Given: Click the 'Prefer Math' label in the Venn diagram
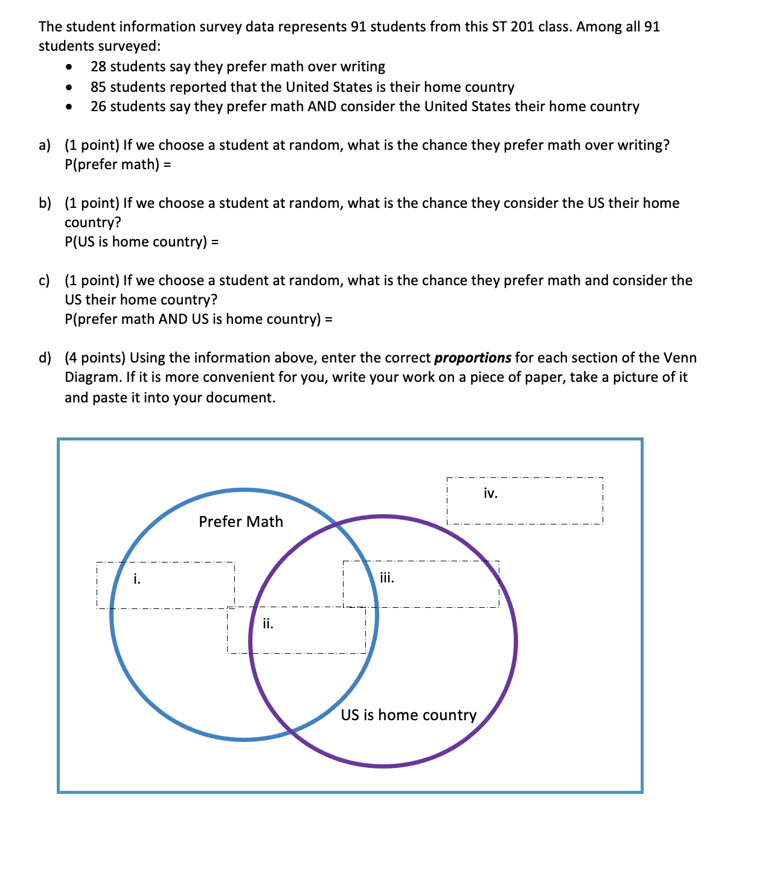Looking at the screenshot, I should [240, 521].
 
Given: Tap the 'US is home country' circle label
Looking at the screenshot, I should [408, 715].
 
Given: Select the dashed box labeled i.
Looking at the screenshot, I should [165, 585].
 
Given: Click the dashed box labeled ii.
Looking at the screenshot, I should [296, 630].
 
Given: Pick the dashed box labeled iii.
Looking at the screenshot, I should [421, 584].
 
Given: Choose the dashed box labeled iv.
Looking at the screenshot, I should [524, 501].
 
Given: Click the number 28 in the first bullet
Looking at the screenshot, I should [98, 66].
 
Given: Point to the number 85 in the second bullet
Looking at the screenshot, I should [98, 87].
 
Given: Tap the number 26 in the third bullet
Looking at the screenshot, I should [98, 106].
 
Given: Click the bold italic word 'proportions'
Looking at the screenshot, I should [472, 358].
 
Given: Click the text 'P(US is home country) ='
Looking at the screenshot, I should [141, 242].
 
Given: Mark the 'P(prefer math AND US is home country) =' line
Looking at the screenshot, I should [198, 319].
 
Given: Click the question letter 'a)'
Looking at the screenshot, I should [45, 145].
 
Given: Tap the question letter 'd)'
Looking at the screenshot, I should [45, 358].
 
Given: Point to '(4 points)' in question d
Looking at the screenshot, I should [95, 358].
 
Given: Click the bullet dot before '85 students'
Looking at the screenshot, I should [71, 87].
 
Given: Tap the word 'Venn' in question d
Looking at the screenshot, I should [680, 358].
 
